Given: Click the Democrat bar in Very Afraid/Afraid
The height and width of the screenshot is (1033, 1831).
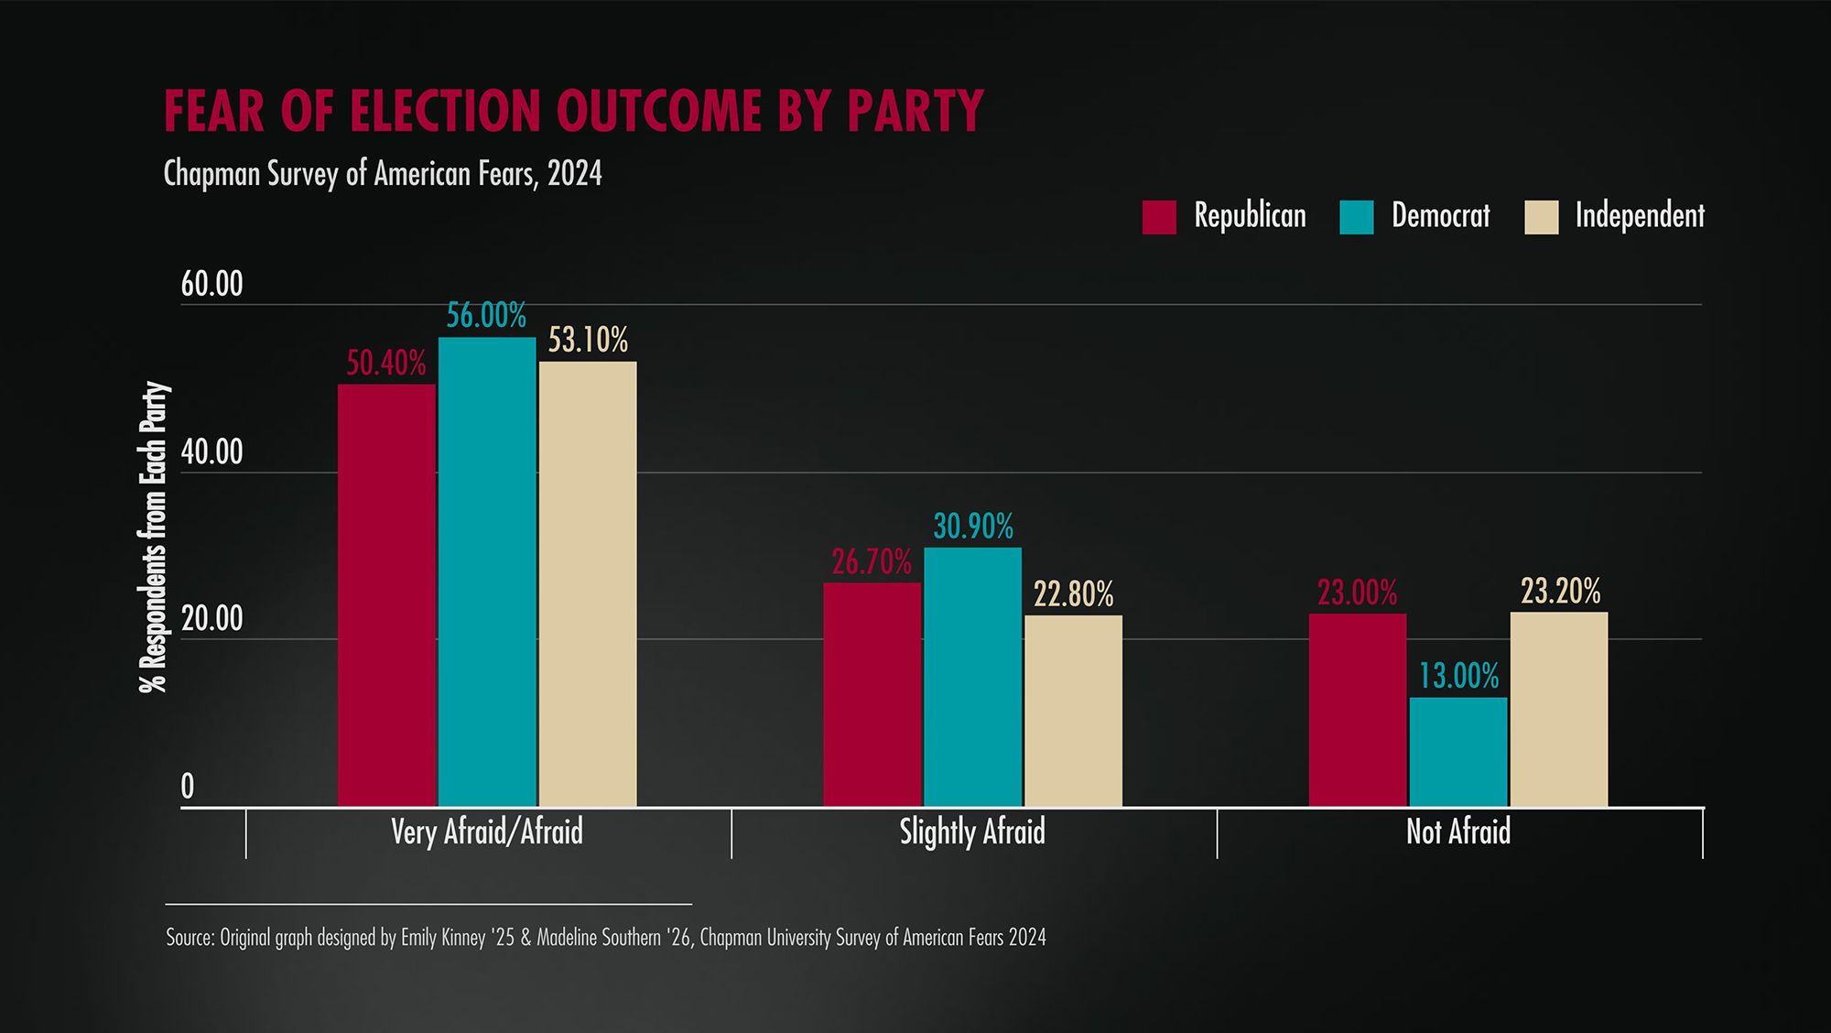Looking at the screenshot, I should [x=487, y=572].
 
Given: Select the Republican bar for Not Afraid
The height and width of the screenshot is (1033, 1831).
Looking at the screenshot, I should [x=1357, y=710].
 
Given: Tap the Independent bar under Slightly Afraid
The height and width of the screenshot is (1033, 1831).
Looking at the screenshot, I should [x=1073, y=711].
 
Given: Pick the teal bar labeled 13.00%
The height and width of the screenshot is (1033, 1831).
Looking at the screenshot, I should [x=1457, y=752].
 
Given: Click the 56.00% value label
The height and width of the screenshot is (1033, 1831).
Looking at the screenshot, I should [x=486, y=316].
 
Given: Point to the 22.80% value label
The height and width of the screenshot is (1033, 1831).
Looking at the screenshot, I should [x=1073, y=595].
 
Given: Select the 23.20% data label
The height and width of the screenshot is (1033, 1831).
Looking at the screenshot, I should [x=1560, y=592].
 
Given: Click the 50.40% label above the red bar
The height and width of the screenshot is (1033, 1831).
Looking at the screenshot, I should [x=385, y=364].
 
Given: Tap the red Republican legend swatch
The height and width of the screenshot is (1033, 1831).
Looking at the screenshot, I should [x=1158, y=217].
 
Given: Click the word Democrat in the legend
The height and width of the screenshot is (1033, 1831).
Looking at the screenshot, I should [x=1440, y=215].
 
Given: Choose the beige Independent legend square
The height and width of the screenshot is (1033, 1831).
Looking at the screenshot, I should [x=1541, y=217].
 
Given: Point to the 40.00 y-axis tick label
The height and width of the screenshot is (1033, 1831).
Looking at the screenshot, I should [x=211, y=452].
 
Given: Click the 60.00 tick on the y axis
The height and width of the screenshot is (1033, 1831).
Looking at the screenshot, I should [x=211, y=284].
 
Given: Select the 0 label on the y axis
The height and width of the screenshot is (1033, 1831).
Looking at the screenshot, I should [x=188, y=787].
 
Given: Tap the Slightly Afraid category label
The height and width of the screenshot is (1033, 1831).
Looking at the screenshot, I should [x=972, y=832].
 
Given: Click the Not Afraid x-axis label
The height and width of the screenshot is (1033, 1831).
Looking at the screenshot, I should [x=1457, y=832].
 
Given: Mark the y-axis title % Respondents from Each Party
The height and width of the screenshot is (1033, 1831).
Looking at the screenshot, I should [x=154, y=537].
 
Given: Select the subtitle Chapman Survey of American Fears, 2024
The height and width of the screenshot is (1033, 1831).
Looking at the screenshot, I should [x=383, y=173].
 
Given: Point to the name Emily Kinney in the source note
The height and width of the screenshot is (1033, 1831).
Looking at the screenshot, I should [x=443, y=938].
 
